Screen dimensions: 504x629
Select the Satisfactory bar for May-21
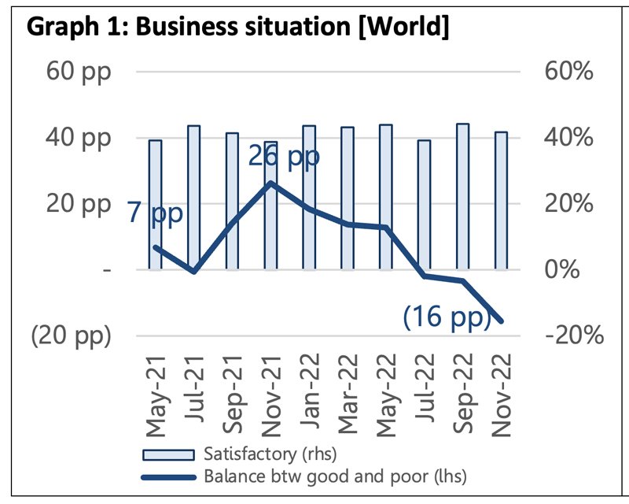tap(156, 205)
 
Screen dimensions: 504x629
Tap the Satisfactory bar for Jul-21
tap(194, 197)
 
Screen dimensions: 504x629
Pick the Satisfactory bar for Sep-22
tap(463, 197)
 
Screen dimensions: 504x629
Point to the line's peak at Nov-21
tap(270, 183)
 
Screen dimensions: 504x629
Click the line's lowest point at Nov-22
tap(501, 321)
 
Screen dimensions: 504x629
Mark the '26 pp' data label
tap(284, 156)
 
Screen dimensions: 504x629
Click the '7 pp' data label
tap(153, 213)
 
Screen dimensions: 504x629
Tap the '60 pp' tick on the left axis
tap(78, 72)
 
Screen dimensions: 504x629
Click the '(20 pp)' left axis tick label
tap(71, 335)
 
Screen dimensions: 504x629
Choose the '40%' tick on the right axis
tap(567, 138)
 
